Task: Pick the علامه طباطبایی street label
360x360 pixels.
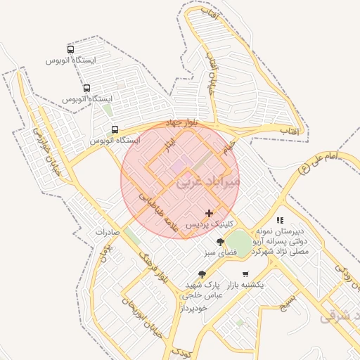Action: point(162,210)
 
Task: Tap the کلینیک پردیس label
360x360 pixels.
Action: point(209,224)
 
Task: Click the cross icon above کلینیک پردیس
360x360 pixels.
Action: point(209,212)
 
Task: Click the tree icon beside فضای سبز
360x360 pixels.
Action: point(221,241)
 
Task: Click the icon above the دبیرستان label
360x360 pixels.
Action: point(280,220)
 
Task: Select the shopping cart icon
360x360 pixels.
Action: point(245,274)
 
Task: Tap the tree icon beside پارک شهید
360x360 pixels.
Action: point(202,274)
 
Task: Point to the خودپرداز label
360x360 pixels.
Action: point(195,308)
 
